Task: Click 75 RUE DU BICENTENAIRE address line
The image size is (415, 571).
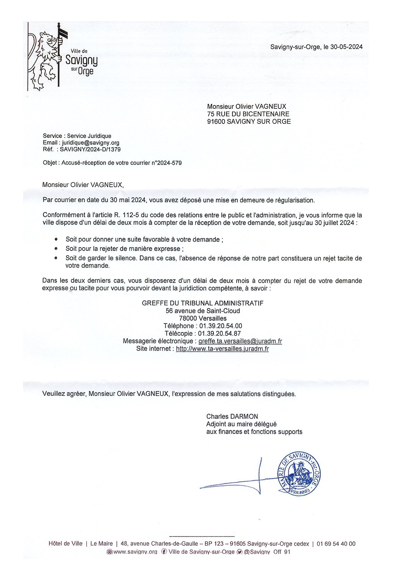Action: pos(248,114)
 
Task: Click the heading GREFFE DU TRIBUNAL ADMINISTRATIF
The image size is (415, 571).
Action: pos(202,303)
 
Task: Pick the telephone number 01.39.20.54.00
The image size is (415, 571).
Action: pos(220,326)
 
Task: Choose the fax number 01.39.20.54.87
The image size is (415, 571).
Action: pos(219,333)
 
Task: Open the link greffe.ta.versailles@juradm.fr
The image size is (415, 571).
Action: pos(240,341)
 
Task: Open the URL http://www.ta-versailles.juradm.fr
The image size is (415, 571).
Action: pos(222,349)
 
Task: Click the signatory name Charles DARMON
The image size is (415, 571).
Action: pos(232,416)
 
